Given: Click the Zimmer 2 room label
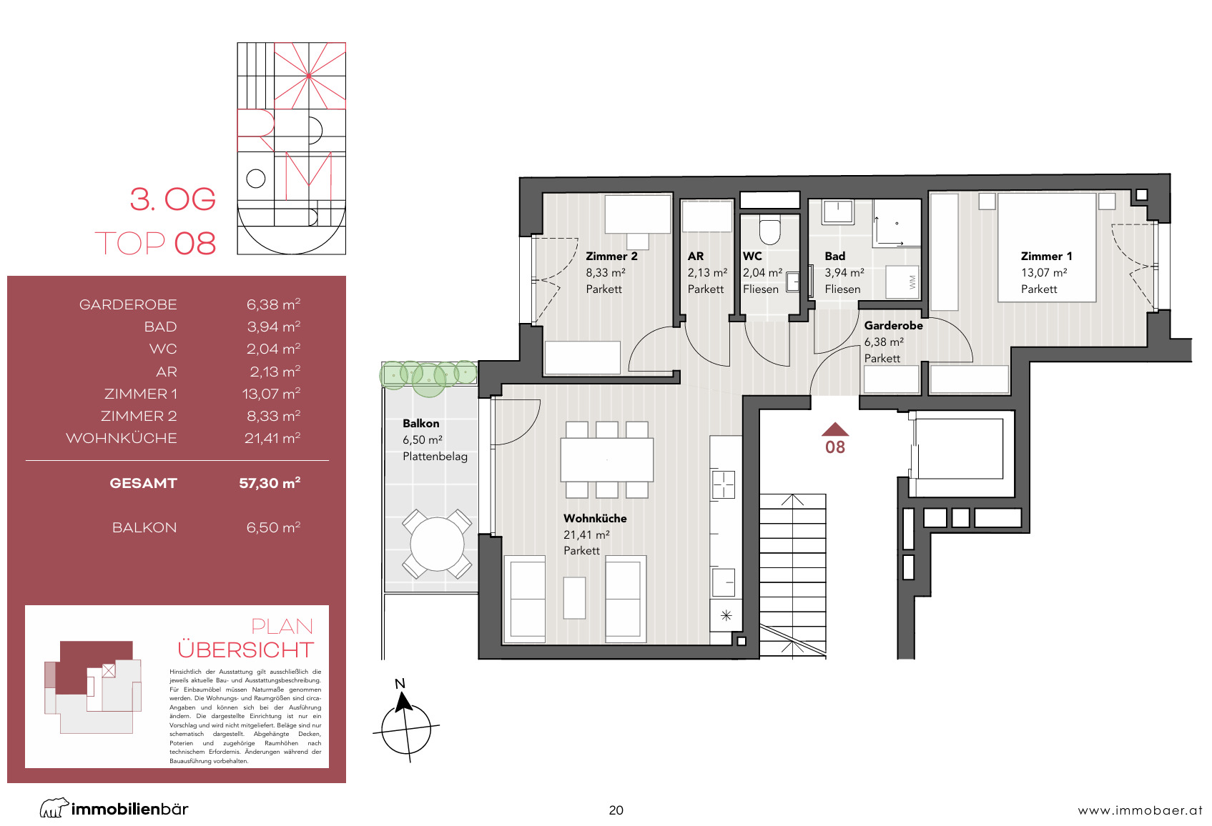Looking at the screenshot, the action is click(x=611, y=257).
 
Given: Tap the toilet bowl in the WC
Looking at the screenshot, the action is click(x=769, y=231).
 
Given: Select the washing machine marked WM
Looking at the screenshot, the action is click(x=902, y=282).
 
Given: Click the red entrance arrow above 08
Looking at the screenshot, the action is click(x=835, y=429).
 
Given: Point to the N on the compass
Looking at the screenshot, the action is click(x=400, y=684).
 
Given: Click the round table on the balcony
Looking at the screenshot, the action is click(x=437, y=544).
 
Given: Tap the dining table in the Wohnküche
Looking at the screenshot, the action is click(x=606, y=460).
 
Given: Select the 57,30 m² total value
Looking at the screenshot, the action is click(x=270, y=483).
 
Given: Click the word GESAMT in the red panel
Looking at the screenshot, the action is click(x=144, y=483).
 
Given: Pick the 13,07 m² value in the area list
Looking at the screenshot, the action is click(x=271, y=394).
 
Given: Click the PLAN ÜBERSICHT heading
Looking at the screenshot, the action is click(x=246, y=638).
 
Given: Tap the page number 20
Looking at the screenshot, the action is click(x=616, y=810).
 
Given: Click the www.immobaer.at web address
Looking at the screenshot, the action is click(x=1140, y=810).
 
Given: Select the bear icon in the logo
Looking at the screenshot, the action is click(x=54, y=807).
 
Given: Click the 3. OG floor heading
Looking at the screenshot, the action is click(x=172, y=199).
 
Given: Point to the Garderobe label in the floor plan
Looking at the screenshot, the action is click(x=893, y=325).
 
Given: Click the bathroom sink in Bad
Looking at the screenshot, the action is click(x=838, y=212).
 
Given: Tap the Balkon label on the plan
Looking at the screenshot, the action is click(x=421, y=423).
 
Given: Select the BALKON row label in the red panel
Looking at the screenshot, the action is click(x=144, y=527).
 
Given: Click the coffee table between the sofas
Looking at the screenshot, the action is click(x=574, y=598).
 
